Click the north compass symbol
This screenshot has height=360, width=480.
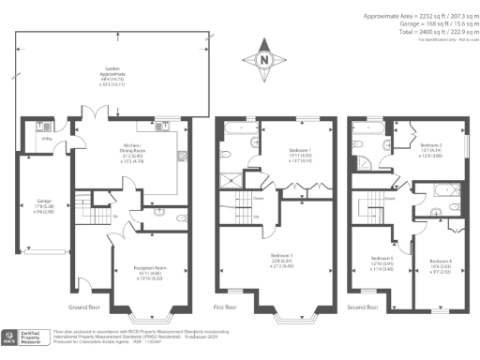tap(265, 61)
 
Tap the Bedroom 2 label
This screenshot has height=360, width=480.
tap(430, 149)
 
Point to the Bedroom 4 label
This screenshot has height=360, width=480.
tap(440, 263)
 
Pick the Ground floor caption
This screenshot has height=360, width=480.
tap(86, 307)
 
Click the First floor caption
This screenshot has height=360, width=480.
tap(229, 307)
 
